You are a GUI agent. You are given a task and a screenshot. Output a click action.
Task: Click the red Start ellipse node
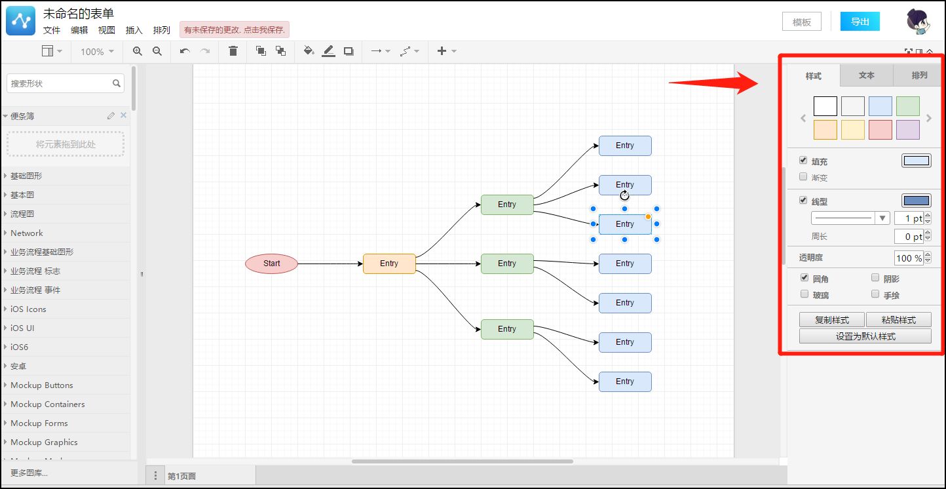272,264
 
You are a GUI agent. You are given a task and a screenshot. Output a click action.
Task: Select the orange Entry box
389,264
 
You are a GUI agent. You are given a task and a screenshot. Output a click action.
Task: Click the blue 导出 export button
860,22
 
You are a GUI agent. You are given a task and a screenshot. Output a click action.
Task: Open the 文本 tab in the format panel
867,75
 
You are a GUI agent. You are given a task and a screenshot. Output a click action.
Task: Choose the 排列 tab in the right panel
919,75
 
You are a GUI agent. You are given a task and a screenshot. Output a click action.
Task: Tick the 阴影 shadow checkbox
875,278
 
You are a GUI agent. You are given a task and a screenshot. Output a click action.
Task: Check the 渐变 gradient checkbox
803,177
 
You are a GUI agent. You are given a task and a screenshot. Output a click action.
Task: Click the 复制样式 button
831,320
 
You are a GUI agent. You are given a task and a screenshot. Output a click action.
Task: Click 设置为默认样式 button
865,336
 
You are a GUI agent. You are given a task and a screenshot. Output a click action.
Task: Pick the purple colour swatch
908,130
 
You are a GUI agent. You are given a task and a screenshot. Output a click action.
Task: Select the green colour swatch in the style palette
908,106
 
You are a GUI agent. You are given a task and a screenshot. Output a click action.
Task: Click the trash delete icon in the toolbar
233,51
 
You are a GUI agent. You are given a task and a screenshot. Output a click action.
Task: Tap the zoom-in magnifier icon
138,51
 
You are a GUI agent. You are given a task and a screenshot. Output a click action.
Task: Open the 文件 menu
52,30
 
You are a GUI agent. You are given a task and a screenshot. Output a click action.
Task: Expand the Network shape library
27,233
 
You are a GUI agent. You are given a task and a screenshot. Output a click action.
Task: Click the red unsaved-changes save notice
235,29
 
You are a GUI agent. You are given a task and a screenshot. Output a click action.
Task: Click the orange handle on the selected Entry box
648,217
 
